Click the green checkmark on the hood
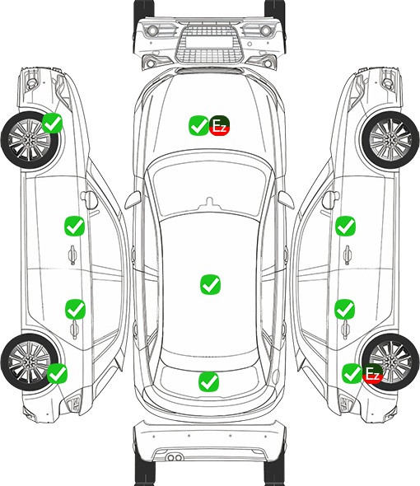(x=198, y=125)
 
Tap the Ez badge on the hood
(x=219, y=125)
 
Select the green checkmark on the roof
(x=211, y=284)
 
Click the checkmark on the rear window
(x=208, y=381)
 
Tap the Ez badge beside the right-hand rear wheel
(x=372, y=373)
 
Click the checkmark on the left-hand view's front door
(x=74, y=226)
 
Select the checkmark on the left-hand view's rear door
(x=75, y=309)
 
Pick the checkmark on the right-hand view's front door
(x=346, y=226)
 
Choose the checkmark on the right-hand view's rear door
(x=345, y=309)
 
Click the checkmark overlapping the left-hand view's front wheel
(x=53, y=123)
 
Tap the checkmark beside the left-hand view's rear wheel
(x=57, y=373)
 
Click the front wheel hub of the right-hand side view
(x=390, y=140)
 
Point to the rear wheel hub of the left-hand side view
(x=29, y=362)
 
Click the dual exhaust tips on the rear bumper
(x=175, y=457)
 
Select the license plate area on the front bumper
(x=209, y=42)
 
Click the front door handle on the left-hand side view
(x=72, y=255)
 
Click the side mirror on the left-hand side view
(x=89, y=200)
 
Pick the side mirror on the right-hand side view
(x=330, y=200)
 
